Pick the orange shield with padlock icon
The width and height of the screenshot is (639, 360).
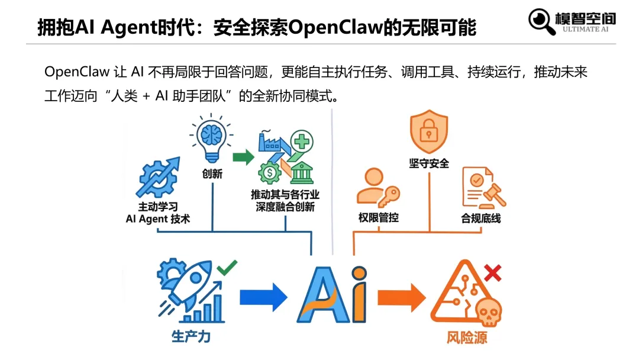click(x=429, y=134)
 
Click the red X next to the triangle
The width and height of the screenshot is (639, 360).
click(x=492, y=273)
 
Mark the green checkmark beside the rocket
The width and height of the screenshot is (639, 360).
click(x=226, y=268)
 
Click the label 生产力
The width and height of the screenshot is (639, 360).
click(x=191, y=337)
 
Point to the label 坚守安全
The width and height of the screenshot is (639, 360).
click(x=429, y=163)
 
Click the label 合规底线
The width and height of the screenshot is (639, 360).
click(x=481, y=218)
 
